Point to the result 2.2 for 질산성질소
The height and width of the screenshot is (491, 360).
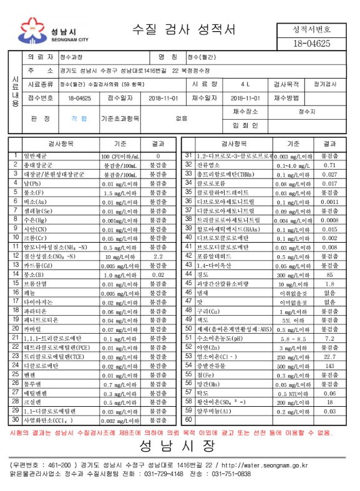point(158,256)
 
